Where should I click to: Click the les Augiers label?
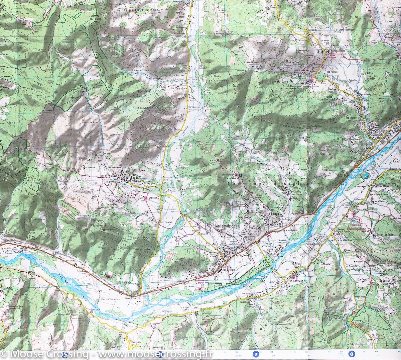pyautogui.click(x=353, y=118)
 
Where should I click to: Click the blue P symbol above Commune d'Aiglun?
pyautogui.click(x=240, y=175)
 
